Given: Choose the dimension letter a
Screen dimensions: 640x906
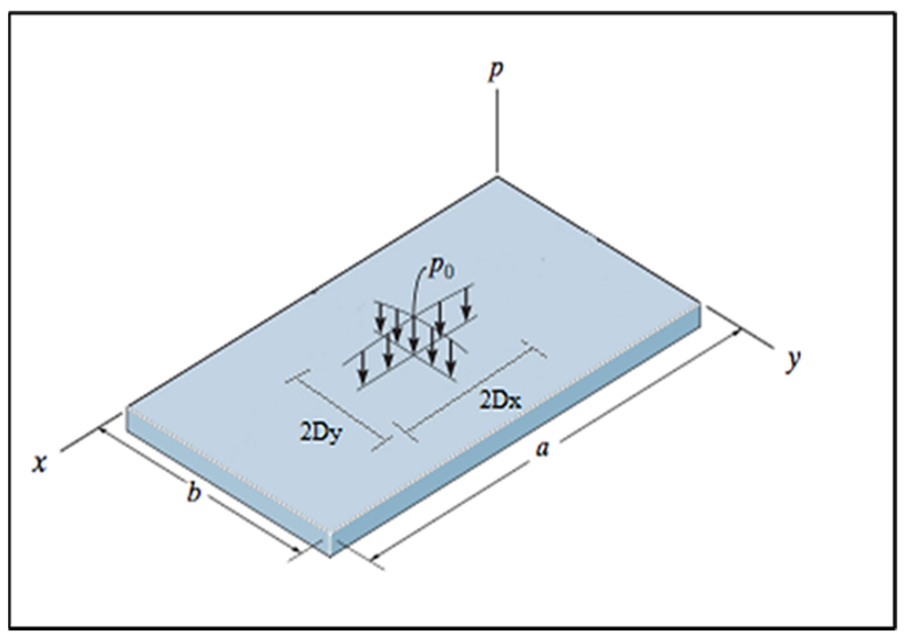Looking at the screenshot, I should [543, 449].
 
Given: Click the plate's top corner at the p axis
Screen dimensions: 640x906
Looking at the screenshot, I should [497, 177].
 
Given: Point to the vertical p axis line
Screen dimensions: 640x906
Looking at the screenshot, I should [497, 130].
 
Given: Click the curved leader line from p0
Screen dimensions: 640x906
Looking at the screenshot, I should [416, 292].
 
